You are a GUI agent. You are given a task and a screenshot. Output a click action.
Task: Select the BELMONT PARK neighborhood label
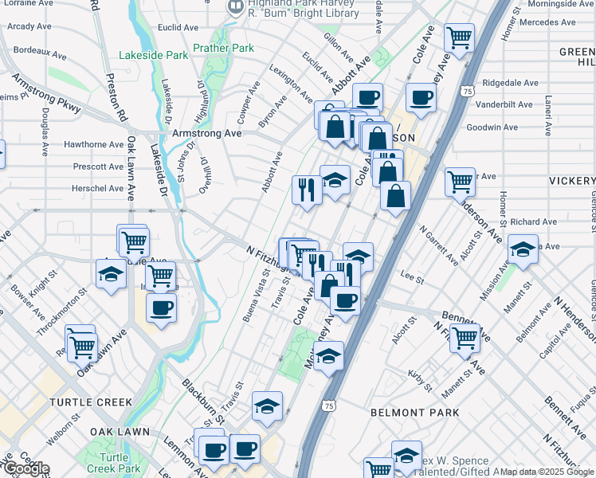pyautogui.click(x=415, y=413)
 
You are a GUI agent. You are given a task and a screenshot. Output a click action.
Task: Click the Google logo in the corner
pyautogui.click(x=26, y=468)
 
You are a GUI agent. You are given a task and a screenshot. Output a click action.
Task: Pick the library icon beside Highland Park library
pyautogui.click(x=235, y=8)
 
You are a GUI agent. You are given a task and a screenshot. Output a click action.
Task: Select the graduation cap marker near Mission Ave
pyautogui.click(x=523, y=251)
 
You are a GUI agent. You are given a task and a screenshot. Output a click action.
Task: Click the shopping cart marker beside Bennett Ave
pyautogui.click(x=465, y=338)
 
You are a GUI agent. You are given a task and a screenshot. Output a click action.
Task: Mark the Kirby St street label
pyautogui.click(x=418, y=381)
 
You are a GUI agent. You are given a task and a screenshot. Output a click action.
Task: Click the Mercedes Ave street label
pyautogui.click(x=547, y=22)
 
